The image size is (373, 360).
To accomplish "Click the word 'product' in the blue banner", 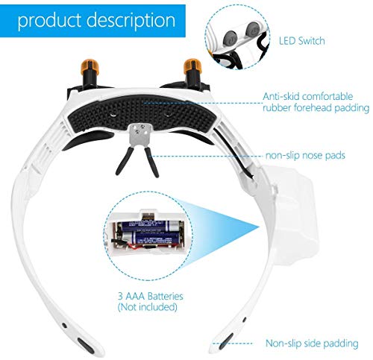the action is point(50,20).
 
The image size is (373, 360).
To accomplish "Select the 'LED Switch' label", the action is point(302,41).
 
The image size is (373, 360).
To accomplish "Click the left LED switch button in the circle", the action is point(230,39).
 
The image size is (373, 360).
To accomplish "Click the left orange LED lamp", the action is point(90,66).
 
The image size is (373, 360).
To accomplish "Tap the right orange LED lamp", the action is point(193,66).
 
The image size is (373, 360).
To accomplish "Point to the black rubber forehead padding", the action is point(141,113).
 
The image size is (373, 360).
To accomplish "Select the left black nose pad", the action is point(124,162).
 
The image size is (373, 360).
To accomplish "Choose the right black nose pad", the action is point(151,162).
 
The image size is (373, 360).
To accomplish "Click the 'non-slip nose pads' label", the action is point(305,156).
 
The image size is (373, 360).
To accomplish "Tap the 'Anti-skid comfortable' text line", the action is point(308,96).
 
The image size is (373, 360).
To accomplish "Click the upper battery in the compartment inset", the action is point(151,226).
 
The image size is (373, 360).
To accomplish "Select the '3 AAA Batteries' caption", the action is point(151,296).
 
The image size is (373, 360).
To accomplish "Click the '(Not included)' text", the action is point(148,307).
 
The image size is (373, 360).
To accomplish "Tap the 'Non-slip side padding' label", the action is point(312,344).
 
